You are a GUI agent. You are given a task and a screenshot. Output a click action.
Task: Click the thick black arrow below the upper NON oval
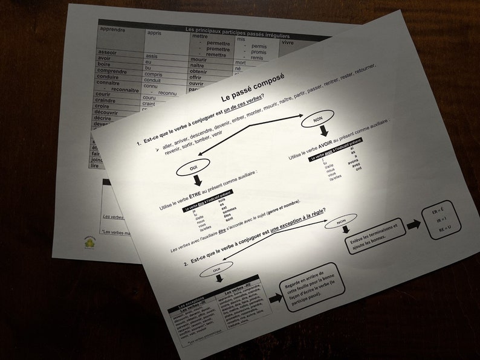325,132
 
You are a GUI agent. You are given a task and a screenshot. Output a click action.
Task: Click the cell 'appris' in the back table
154,34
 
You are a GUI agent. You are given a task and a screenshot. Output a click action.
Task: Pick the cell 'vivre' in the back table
288,43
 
